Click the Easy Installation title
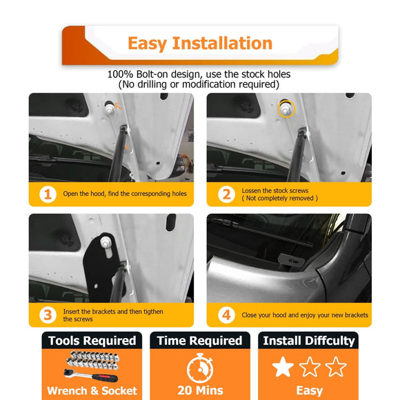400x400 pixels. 200,43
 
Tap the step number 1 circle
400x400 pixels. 47,194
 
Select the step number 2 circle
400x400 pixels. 226,194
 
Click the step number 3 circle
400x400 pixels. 47,315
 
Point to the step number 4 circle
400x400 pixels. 226,315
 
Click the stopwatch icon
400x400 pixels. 199,366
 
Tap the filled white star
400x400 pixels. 283,367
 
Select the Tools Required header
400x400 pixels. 92,341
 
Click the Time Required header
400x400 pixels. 199,341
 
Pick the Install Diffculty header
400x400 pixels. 308,341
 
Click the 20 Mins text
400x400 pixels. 199,391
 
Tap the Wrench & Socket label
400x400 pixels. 91,391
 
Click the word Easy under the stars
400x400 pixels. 309,391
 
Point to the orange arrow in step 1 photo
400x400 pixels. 119,106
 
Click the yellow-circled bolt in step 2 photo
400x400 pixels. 284,108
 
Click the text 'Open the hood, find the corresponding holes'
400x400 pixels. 125,194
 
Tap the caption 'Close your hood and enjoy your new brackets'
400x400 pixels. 305,315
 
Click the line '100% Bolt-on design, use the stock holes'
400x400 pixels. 199,74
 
